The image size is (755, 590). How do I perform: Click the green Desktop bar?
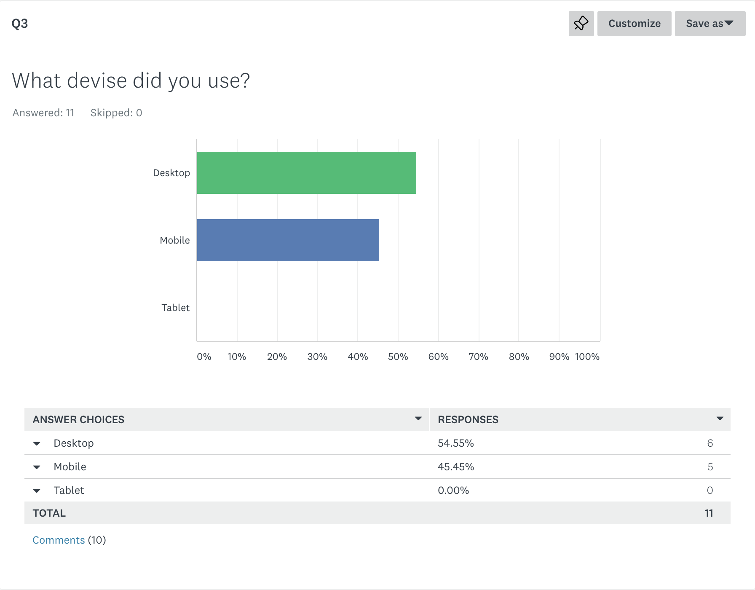307,173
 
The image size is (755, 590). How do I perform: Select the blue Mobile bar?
288,240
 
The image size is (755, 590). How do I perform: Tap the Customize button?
634,24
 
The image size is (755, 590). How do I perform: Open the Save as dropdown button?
710,24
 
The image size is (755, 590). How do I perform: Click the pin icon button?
581,24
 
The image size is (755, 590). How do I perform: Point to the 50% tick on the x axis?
398,357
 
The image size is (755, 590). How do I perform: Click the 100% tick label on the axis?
587,357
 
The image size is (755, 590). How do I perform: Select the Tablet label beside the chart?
176,308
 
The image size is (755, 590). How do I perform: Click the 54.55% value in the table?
456,443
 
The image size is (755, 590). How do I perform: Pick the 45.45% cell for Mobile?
456,467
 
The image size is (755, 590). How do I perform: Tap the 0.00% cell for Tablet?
453,490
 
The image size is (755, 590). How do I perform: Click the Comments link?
59,540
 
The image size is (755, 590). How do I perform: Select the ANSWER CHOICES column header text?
78,419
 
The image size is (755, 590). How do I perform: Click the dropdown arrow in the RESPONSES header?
720,418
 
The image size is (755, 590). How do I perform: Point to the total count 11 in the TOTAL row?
709,513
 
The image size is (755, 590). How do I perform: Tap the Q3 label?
20,24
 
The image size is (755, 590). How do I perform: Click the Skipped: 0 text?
116,113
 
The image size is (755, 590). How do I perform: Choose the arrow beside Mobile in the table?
37,467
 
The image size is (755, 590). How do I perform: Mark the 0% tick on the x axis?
204,357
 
